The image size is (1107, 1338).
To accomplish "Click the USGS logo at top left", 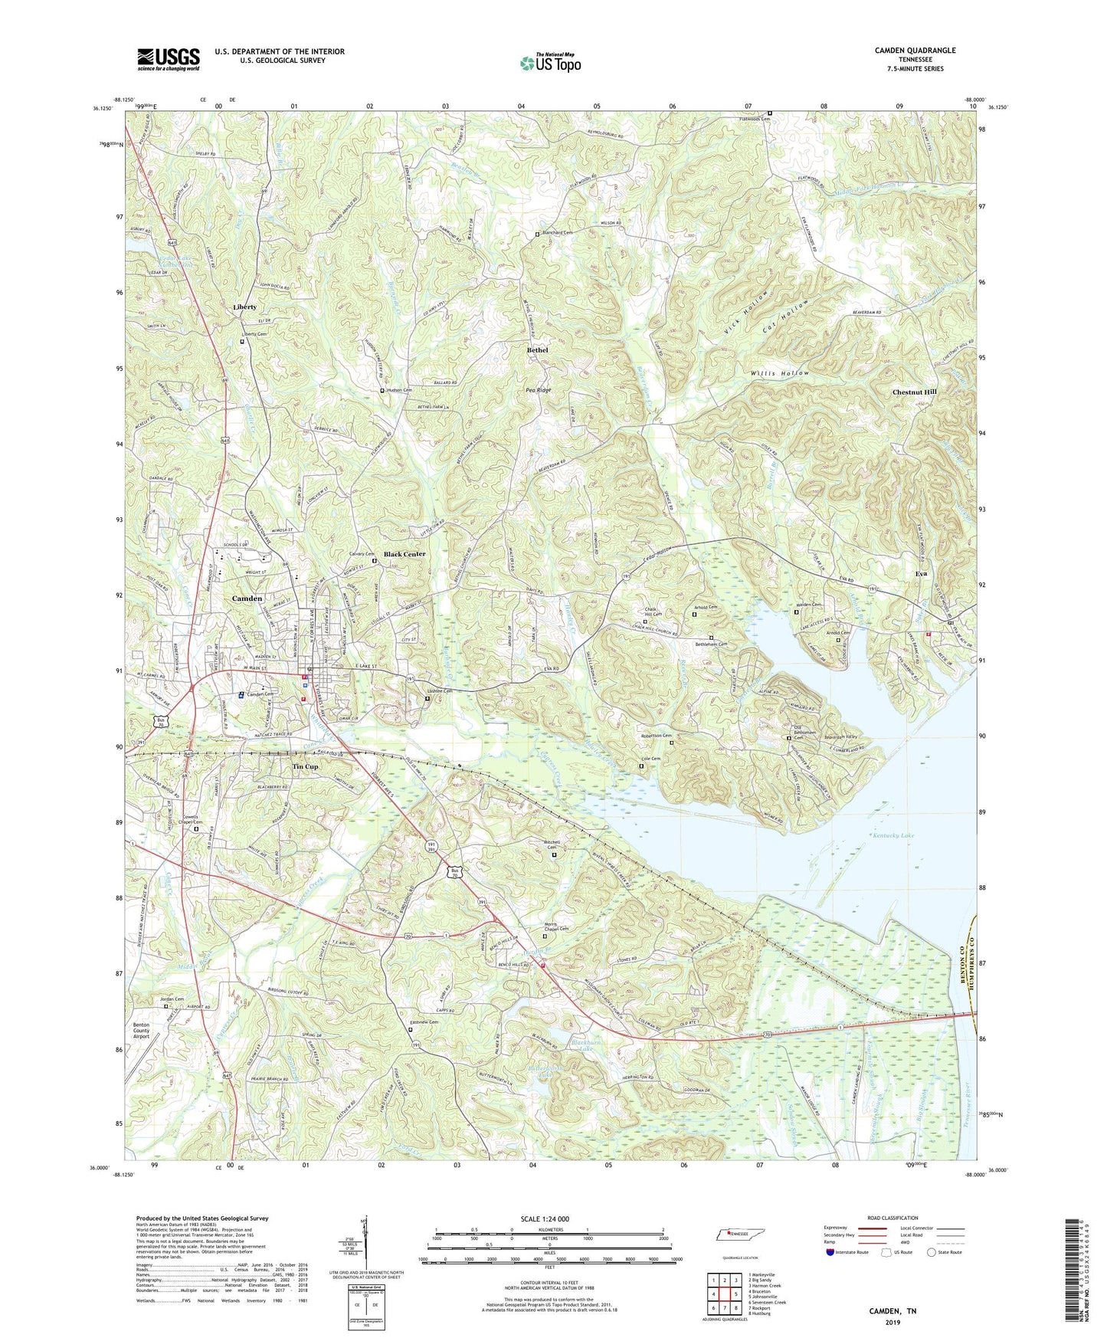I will pos(169,59).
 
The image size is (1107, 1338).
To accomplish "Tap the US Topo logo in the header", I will pos(549,63).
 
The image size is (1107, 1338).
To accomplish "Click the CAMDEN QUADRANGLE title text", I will pos(915,51).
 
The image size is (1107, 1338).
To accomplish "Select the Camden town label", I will pos(247,598).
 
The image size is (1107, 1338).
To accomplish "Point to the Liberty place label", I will pos(244,307).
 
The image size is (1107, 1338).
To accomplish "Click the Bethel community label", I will pos(537,350).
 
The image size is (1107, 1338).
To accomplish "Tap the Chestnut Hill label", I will pos(914,392).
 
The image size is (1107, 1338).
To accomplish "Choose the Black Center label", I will pos(404,554).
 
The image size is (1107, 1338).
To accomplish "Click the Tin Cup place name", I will pos(305,767).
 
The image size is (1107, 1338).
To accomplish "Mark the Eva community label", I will pos(921,574).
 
